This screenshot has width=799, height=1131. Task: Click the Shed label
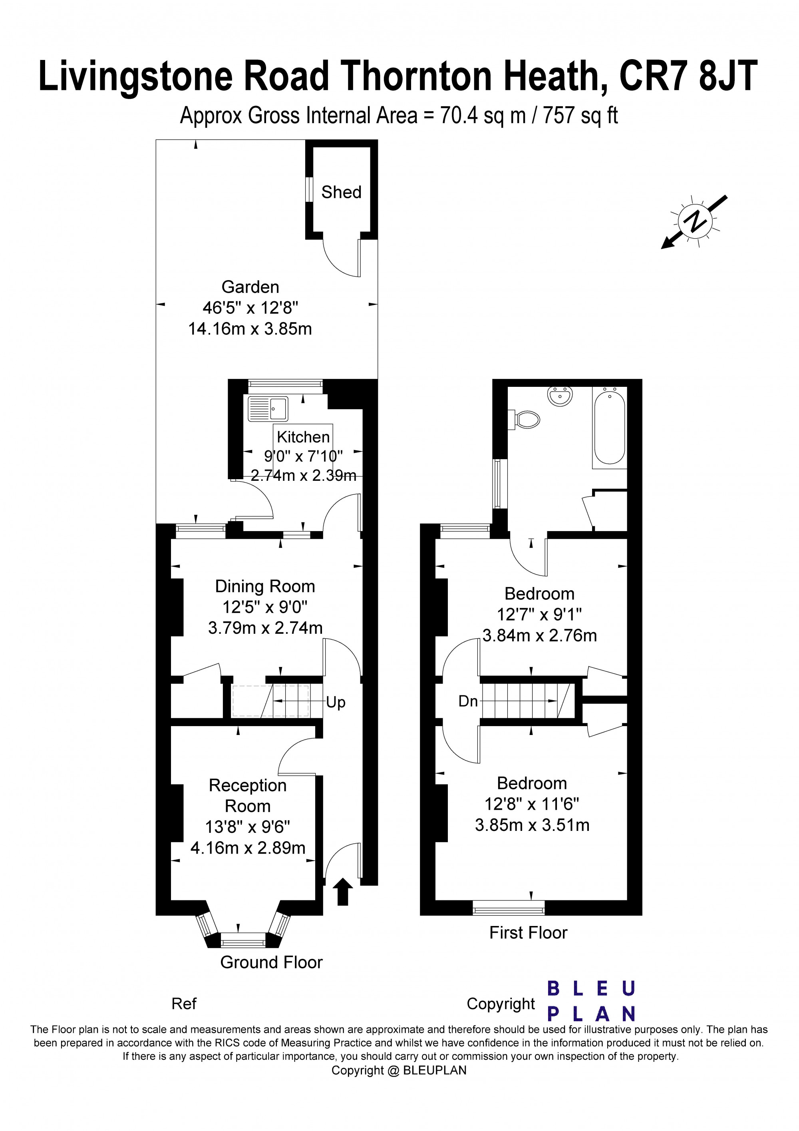coord(341,192)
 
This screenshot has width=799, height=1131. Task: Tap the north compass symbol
coord(695,221)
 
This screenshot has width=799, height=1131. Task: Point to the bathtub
coord(610,426)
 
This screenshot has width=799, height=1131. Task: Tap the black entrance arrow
coord(343,892)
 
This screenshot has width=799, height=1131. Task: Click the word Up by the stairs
coord(336,703)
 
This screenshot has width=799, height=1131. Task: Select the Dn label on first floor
coord(468,701)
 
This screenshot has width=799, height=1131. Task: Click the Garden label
coord(250,287)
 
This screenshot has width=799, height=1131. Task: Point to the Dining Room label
coord(265,586)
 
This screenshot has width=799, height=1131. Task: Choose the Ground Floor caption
coord(271,962)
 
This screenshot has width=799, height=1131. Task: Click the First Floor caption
coord(528,932)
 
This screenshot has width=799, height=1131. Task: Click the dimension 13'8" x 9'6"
coord(248,826)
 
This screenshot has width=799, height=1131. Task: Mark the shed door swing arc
coord(337,265)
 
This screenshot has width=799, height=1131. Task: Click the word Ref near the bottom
coord(184,1004)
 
